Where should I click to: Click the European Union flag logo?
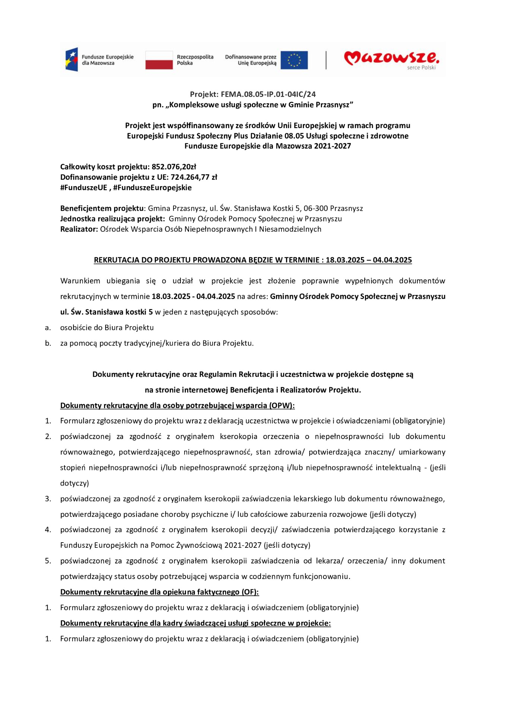pos(294,60)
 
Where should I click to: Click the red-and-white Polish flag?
pos(159,60)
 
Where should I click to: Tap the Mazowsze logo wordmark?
pos(391,58)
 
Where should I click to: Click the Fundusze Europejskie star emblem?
pos(72,60)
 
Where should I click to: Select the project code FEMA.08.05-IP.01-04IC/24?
pos(268,94)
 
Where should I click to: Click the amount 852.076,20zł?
pos(174,166)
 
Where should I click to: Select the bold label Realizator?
pos(79,229)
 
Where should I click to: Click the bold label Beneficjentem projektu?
pos(102,208)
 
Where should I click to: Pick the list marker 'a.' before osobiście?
pos(48,328)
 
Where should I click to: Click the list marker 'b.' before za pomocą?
pos(48,343)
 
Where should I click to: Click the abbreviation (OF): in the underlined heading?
pos(250,592)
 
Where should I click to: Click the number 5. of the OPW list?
pos(48,561)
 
